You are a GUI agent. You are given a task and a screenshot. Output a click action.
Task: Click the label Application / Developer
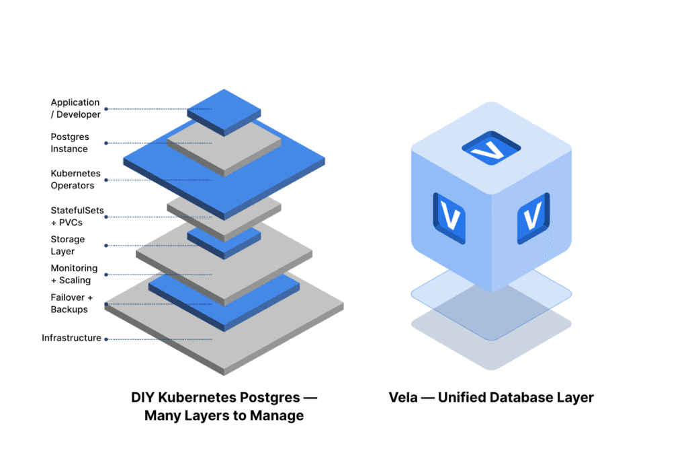click(75, 108)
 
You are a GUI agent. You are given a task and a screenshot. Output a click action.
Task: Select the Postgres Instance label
click(70, 143)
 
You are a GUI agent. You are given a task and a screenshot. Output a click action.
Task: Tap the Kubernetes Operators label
click(73, 179)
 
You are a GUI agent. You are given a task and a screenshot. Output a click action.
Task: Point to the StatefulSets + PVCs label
click(77, 216)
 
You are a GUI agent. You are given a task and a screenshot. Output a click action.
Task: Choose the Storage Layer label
click(68, 245)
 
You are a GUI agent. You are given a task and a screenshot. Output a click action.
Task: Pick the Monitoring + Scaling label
click(74, 274)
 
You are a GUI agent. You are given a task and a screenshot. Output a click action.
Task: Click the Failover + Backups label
click(71, 303)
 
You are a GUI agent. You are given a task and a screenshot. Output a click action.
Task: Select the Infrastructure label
click(71, 338)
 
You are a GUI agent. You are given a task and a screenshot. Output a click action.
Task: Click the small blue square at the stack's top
click(224, 110)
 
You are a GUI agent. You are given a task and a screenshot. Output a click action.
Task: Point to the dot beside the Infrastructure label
click(105, 339)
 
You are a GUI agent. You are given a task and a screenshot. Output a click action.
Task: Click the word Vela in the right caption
click(405, 397)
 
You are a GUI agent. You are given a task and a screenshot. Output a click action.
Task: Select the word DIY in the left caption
click(144, 397)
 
